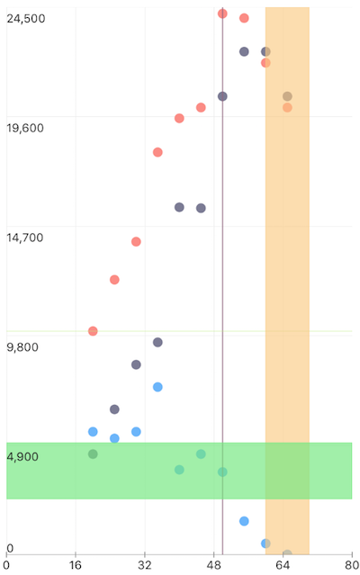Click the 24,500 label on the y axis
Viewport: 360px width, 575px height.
(x=25, y=19)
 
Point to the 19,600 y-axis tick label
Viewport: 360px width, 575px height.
(x=25, y=128)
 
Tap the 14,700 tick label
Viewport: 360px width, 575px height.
(x=25, y=238)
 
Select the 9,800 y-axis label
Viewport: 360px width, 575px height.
(x=22, y=347)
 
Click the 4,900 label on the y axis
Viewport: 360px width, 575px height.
(x=22, y=457)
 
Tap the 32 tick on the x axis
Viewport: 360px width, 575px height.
(x=145, y=566)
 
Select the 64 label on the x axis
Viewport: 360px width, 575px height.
(x=283, y=566)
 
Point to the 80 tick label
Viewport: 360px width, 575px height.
(x=351, y=566)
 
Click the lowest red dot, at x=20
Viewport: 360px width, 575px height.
(x=93, y=331)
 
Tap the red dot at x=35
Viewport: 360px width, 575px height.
(x=157, y=152)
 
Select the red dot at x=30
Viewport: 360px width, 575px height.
(x=136, y=241)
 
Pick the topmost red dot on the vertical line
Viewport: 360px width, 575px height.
(x=222, y=13)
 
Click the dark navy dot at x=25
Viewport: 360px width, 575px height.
(x=114, y=409)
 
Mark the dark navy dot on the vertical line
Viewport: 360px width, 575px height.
(x=222, y=96)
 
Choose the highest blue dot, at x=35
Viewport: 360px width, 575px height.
(x=157, y=387)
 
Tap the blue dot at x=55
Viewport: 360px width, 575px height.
(x=244, y=521)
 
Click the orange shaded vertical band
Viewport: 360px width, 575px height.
(x=287, y=270)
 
